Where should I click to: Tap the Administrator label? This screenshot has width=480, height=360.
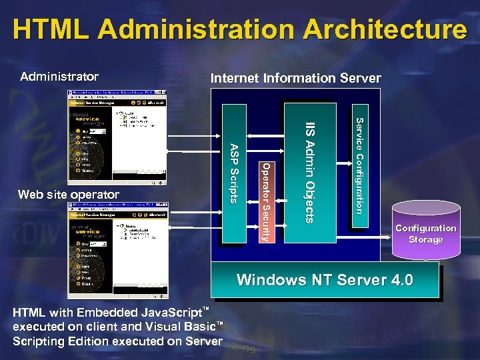pyautogui.click(x=59, y=77)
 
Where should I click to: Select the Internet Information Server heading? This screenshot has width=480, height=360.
pyautogui.click(x=295, y=78)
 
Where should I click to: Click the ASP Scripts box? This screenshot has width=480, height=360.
pyautogui.click(x=233, y=173)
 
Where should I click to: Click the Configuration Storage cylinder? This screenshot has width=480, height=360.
pyautogui.click(x=425, y=233)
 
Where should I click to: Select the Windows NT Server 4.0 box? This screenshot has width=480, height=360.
pyautogui.click(x=325, y=280)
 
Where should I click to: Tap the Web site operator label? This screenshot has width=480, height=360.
pyautogui.click(x=69, y=195)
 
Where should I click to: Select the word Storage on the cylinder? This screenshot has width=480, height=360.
pyautogui.click(x=425, y=239)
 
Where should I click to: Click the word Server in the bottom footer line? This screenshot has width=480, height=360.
pyautogui.click(x=205, y=341)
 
